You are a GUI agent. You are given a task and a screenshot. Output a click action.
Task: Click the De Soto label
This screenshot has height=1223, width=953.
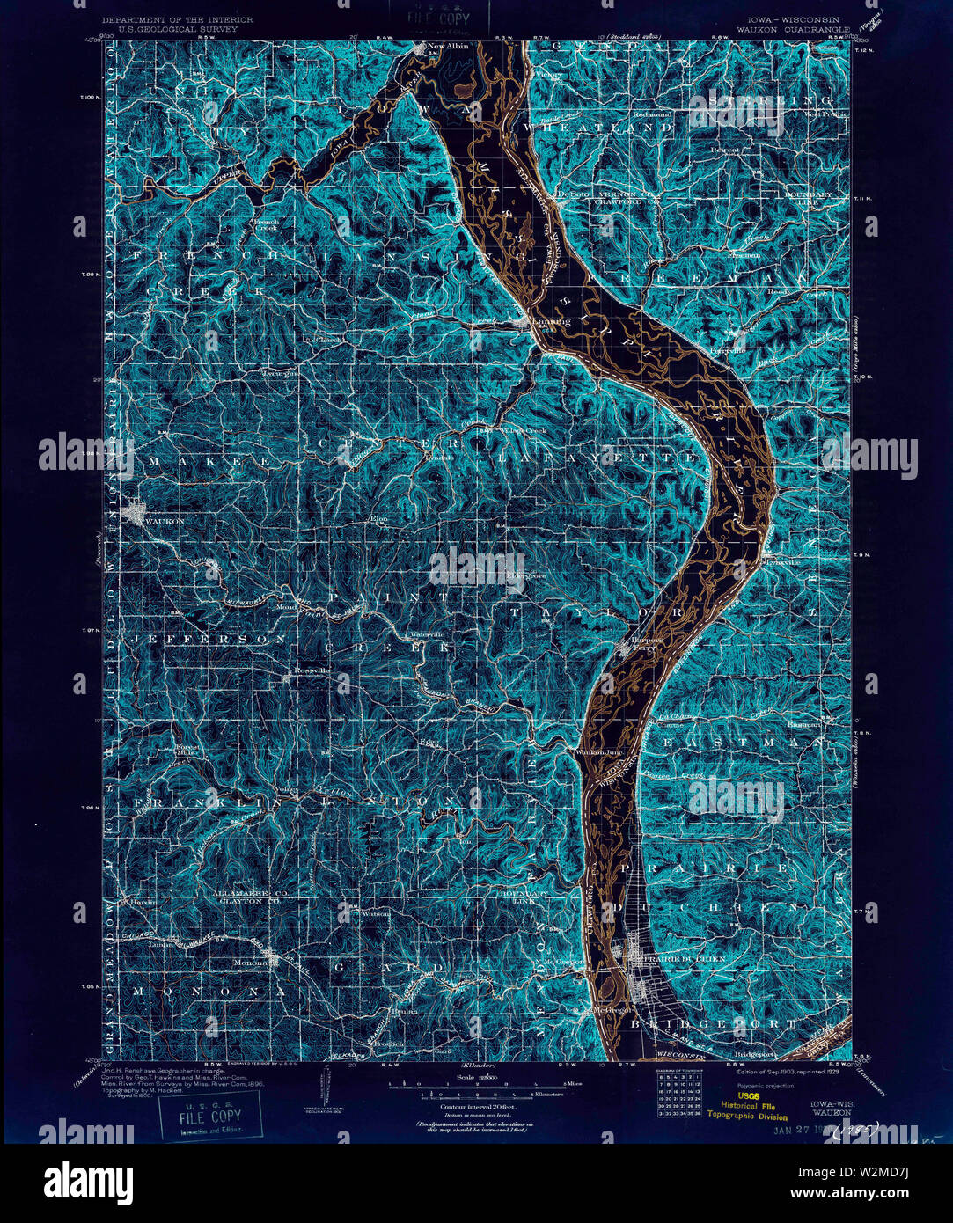point(574,194)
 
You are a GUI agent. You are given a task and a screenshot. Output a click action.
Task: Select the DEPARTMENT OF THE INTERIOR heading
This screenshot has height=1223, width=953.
point(177,19)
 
